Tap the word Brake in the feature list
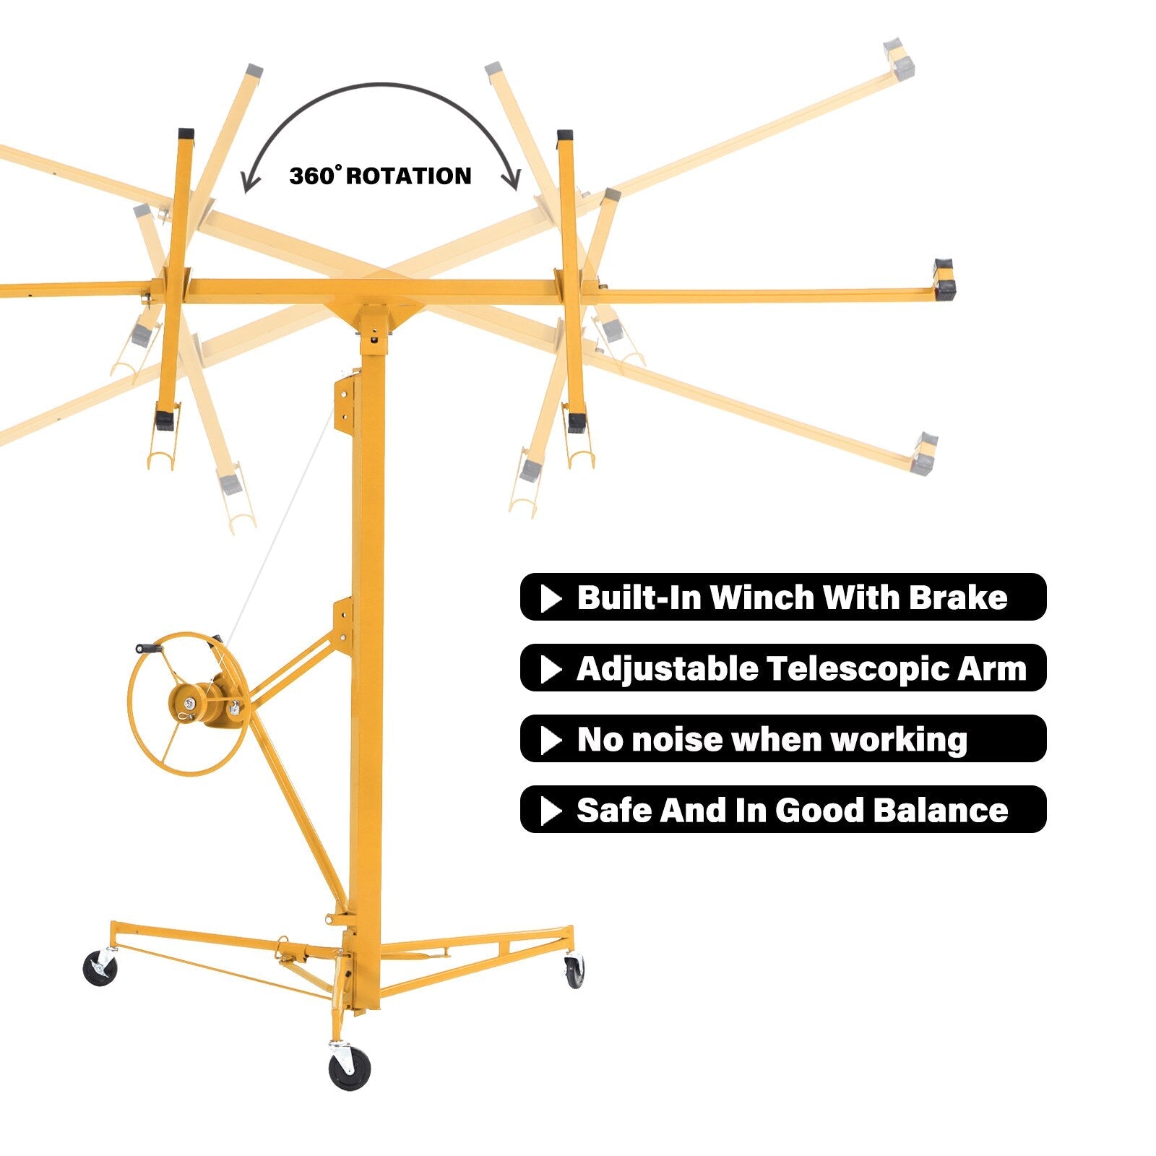click(957, 598)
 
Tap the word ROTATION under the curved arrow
click(409, 176)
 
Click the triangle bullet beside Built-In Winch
click(551, 598)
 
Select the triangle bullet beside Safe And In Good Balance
click(551, 811)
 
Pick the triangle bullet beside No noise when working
click(551, 740)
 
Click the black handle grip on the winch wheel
click(149, 649)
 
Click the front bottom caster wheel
click(349, 1068)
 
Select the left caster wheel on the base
click(100, 968)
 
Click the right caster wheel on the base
click(575, 972)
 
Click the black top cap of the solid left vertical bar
click(186, 134)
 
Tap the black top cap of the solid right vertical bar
click(564, 136)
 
